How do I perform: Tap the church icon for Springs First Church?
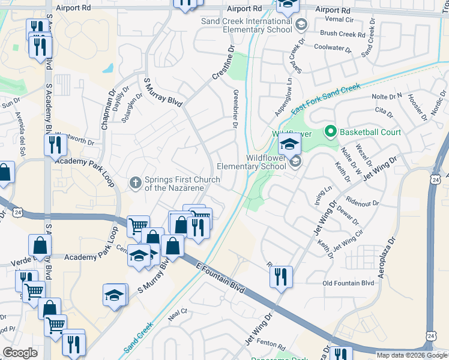pos(136,182)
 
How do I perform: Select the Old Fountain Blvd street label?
pos(348,283)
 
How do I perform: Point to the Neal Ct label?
pos(178,312)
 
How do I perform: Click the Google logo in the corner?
pos(20,353)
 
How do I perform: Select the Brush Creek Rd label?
pos(343,34)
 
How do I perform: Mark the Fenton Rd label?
pos(273,345)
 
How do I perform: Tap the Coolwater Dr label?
pos(334,47)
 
